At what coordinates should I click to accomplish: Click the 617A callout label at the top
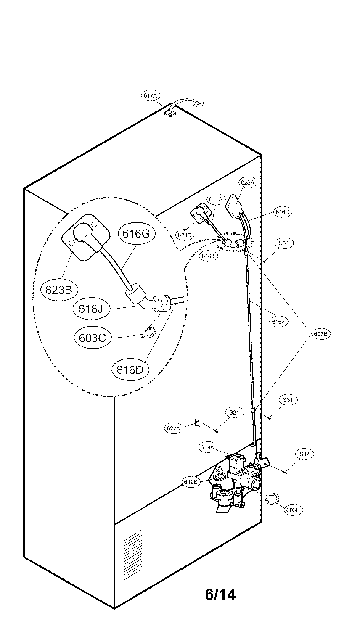point(150,96)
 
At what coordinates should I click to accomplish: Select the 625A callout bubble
point(247,183)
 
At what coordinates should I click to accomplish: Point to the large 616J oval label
point(90,309)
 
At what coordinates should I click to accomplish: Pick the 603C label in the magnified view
point(92,337)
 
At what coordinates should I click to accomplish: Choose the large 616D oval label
point(130,370)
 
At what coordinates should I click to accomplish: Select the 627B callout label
point(321,334)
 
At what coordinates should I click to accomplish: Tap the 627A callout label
point(174,428)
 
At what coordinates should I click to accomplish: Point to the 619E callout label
point(191,482)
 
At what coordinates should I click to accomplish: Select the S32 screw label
point(304,454)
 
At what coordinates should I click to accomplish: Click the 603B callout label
point(293,510)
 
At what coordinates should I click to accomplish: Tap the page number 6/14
point(220,594)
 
